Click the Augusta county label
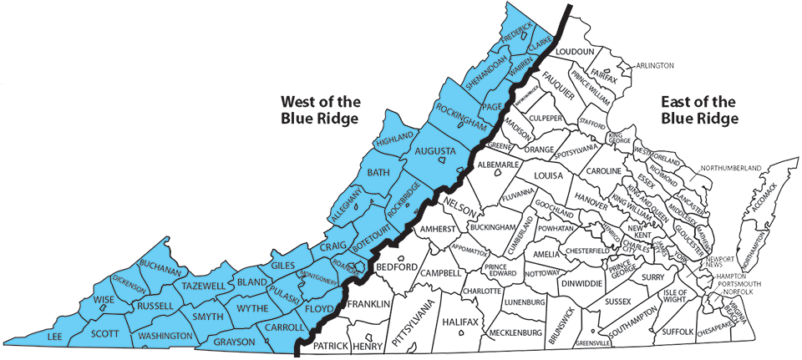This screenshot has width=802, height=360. [435, 151]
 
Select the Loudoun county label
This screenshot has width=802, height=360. [575, 52]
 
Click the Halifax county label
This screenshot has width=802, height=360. [460, 322]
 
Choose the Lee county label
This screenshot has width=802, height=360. [56, 336]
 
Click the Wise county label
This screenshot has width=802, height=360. [104, 300]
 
